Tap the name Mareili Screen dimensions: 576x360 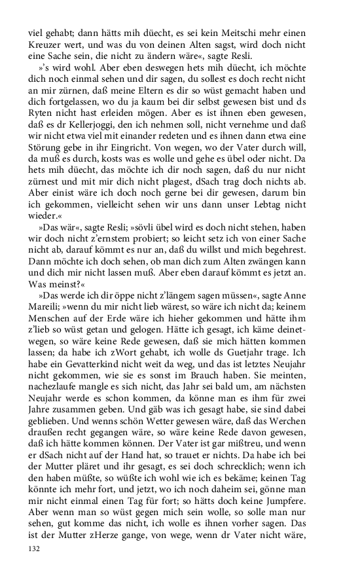(46, 319)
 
